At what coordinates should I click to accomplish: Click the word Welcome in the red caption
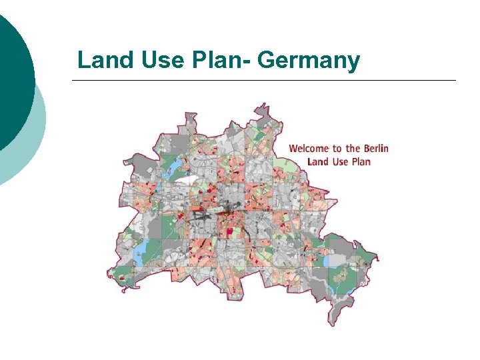311,148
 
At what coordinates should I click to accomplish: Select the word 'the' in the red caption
353,148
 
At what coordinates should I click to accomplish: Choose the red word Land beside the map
318,161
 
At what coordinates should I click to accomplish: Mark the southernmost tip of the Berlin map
332,325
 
